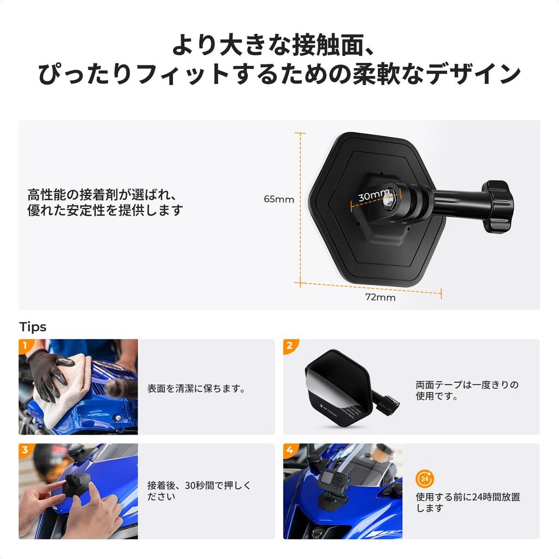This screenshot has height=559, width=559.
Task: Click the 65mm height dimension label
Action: [x=279, y=199]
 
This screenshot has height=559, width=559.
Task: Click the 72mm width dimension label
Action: [x=380, y=298]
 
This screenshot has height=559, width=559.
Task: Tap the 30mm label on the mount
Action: [x=374, y=195]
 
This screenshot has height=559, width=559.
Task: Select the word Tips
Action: [x=33, y=327]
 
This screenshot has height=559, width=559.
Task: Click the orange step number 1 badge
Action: [x=25, y=346]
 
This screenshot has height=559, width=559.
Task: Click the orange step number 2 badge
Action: [x=289, y=346]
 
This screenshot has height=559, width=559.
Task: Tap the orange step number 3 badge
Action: [x=25, y=450]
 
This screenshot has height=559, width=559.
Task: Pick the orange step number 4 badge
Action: [x=289, y=450]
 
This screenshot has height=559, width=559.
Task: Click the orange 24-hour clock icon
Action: [x=424, y=479]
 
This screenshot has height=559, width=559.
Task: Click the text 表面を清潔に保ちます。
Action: [x=196, y=389]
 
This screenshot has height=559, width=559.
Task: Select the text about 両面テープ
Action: [x=467, y=390]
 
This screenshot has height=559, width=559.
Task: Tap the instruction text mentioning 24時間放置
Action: [x=468, y=502]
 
